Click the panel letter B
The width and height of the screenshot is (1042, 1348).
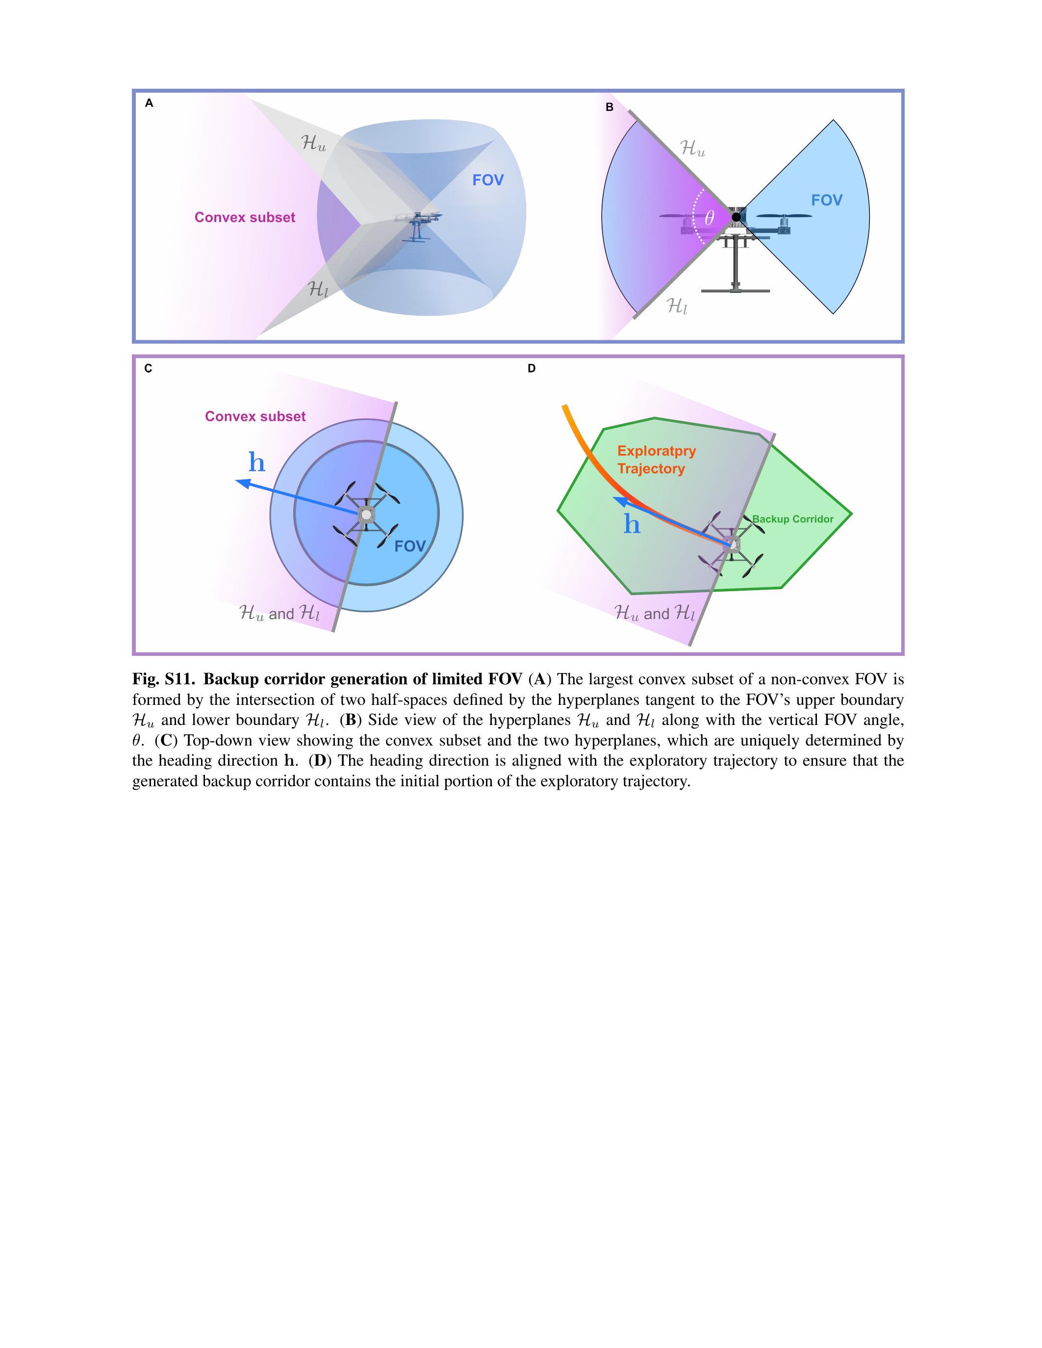[610, 107]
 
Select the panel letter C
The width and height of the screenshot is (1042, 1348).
[148, 369]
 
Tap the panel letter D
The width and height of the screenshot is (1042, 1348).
[532, 369]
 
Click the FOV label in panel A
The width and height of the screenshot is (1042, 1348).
[488, 180]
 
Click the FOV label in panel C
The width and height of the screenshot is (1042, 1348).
[410, 546]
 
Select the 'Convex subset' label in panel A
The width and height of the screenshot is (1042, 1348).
[245, 217]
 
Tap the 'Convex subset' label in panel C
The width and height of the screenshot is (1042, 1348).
[255, 417]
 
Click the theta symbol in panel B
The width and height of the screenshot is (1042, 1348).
[709, 218]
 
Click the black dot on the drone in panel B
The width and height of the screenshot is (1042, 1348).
[736, 217]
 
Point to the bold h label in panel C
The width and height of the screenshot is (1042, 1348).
[257, 462]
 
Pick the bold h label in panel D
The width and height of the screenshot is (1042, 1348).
[632, 524]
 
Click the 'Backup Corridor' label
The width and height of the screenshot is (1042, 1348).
[792, 519]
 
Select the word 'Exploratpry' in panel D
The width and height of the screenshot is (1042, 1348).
[656, 450]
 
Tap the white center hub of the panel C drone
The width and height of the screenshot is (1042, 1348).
[366, 514]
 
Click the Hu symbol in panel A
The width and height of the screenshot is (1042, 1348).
[313, 144]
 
